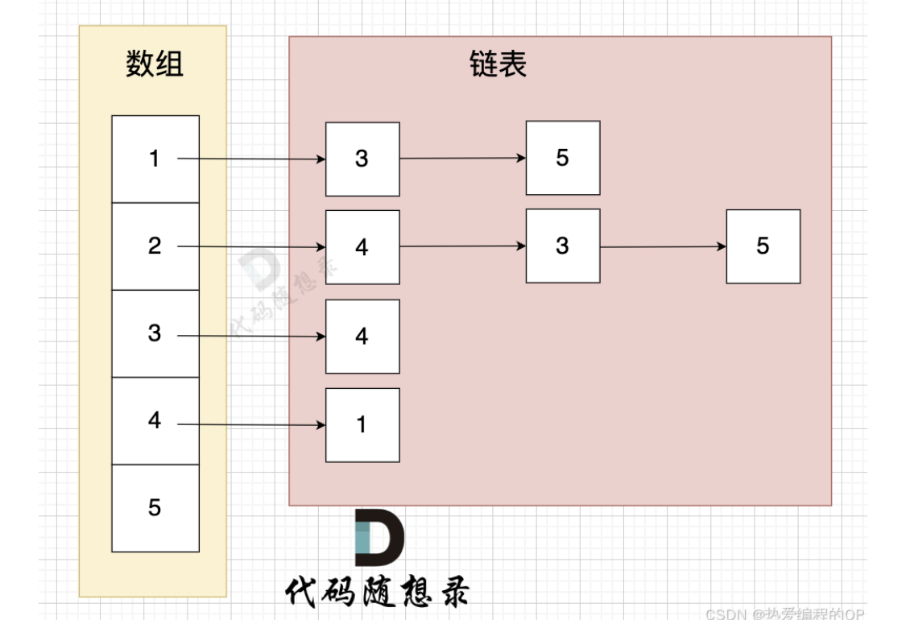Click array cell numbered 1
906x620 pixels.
[155, 159]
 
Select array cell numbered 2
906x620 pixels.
[155, 246]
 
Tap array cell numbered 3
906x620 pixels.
[155, 333]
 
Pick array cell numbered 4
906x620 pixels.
[155, 420]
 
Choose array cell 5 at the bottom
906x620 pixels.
[155, 507]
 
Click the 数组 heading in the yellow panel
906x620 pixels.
[155, 64]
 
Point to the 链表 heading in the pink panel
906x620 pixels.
[498, 64]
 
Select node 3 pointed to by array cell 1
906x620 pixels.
[362, 159]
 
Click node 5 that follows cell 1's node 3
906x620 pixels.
[562, 158]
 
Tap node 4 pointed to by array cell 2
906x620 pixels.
[362, 247]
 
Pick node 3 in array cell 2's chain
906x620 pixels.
[562, 246]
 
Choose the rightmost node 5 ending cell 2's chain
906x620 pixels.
[763, 246]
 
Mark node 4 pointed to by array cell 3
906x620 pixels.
[362, 336]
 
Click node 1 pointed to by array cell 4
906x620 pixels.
[362, 424]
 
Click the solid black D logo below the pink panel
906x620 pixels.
[379, 537]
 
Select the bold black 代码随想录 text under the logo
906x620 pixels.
[377, 592]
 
